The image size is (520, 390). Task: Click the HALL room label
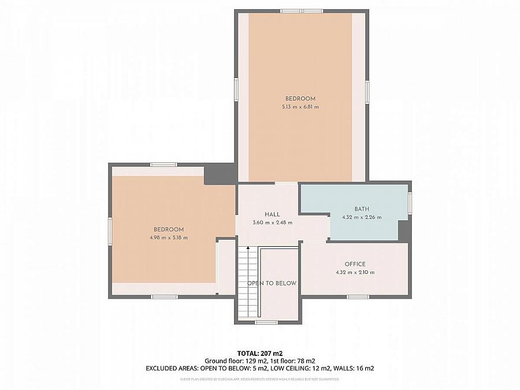click(272, 214)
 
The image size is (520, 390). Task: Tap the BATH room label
click(362, 209)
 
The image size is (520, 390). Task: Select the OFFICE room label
click(355, 264)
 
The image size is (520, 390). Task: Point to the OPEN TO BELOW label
click(272, 283)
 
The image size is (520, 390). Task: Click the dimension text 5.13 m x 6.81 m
click(300, 107)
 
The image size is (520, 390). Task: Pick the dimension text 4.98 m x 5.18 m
click(169, 237)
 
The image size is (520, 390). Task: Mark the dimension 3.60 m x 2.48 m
click(272, 222)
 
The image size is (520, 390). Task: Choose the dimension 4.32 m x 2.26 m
click(362, 217)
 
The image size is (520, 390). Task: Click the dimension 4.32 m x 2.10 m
click(355, 272)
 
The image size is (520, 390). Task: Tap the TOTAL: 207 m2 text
click(260, 353)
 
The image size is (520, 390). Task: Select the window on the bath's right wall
click(410, 203)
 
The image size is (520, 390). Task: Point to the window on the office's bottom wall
click(358, 297)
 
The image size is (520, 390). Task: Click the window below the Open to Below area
click(266, 322)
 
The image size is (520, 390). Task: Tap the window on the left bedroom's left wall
click(110, 231)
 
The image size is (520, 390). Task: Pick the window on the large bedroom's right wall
click(367, 92)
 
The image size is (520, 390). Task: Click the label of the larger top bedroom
click(300, 99)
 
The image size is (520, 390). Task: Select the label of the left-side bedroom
click(169, 229)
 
